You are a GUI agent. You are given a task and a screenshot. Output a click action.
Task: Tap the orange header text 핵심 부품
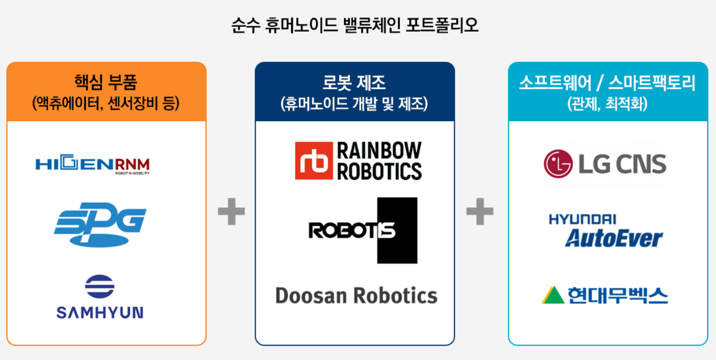tap(106, 83)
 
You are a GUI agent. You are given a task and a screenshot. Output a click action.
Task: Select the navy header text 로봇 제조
tap(354, 83)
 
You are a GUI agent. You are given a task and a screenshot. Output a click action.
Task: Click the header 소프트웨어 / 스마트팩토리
tap(607, 83)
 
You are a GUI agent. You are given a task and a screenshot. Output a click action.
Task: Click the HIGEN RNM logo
tap(93, 165)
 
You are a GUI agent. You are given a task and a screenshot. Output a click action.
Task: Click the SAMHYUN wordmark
tap(100, 312)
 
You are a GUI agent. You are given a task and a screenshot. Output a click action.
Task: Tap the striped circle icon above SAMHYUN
tap(100, 287)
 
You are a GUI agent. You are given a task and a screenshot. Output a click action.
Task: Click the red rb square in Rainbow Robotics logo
tap(313, 160)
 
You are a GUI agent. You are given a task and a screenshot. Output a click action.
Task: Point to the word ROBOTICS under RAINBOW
tap(379, 171)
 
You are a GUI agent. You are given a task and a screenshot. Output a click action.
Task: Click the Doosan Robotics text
tap(356, 296)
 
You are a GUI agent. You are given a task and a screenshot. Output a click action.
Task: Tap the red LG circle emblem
tap(558, 165)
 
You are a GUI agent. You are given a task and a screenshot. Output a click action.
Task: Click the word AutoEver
tap(613, 238)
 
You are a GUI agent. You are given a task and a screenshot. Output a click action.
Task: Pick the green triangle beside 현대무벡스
tap(553, 296)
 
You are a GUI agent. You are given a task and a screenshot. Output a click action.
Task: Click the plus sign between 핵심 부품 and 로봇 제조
tap(231, 211)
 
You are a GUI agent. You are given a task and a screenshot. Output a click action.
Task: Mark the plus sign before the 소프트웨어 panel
tap(480, 211)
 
